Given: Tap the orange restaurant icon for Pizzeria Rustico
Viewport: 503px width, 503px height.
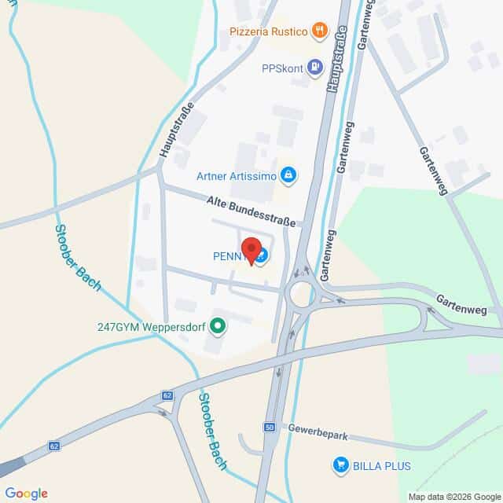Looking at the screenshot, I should (318, 31).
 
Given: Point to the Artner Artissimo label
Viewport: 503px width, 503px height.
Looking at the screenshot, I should (236, 176).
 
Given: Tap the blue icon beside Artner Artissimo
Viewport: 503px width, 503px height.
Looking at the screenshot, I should (288, 174).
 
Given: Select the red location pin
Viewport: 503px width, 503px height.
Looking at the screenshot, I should (251, 250).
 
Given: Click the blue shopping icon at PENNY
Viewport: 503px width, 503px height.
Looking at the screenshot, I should (262, 256).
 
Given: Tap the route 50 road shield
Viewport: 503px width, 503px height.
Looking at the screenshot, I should (270, 427).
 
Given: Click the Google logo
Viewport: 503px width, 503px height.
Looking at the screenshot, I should (26, 493).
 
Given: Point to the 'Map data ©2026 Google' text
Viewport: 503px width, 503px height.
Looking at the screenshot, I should (453, 496).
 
